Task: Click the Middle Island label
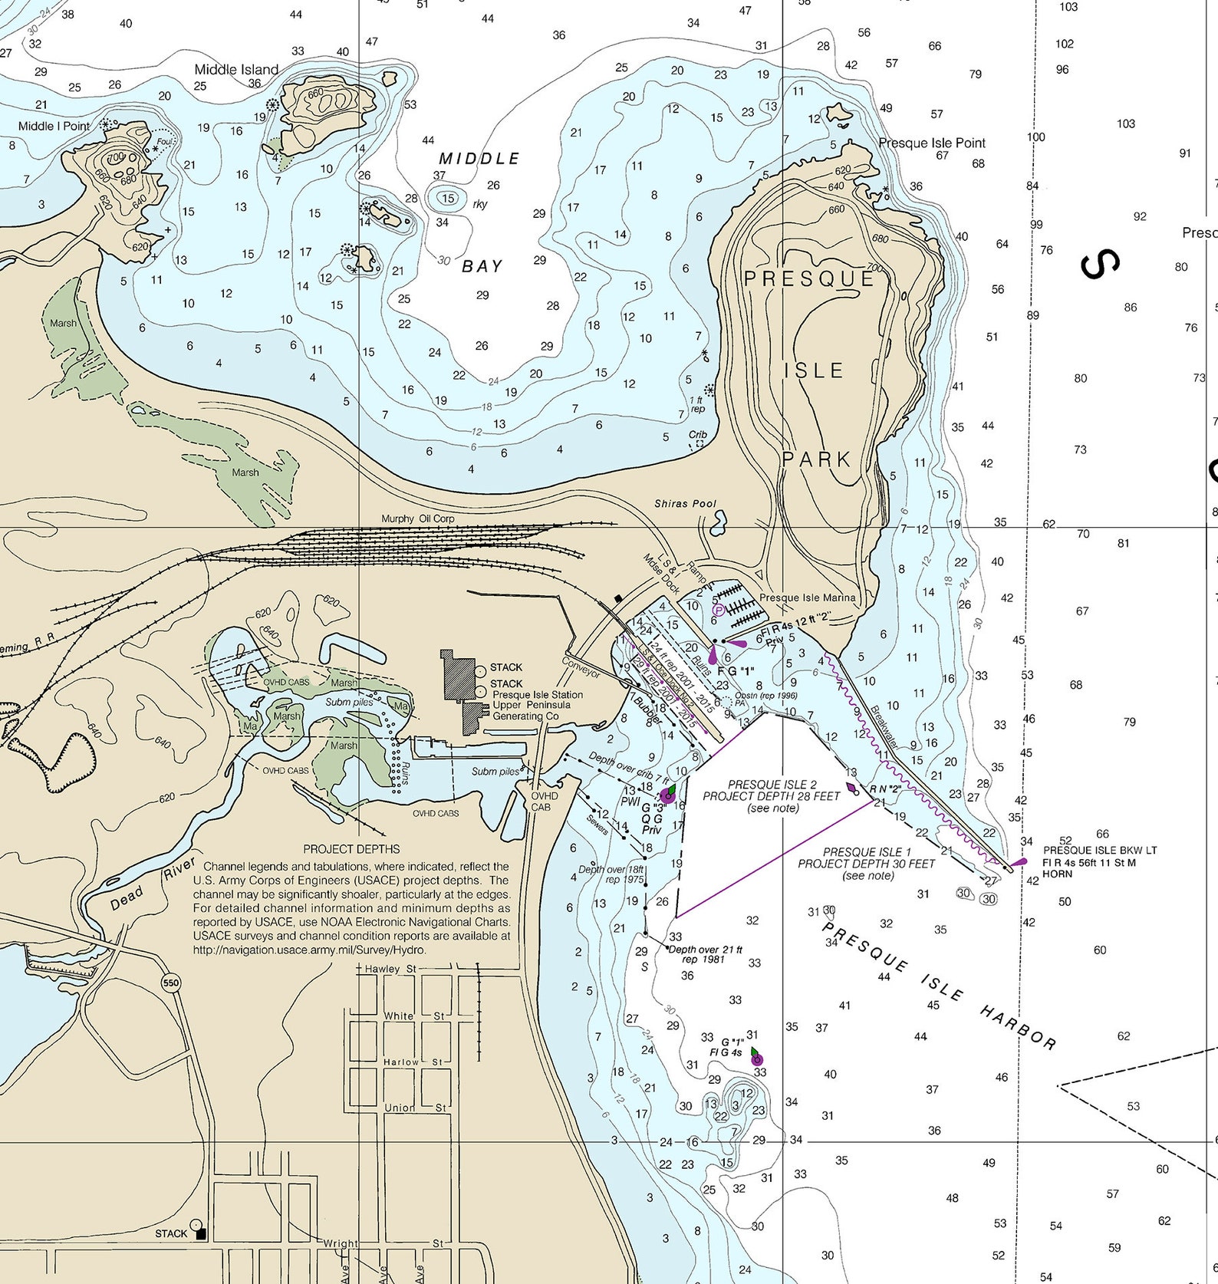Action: [236, 69]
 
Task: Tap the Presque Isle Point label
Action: [932, 143]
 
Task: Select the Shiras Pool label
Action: [685, 504]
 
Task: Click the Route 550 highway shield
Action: [170, 983]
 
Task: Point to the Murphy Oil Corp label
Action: [418, 519]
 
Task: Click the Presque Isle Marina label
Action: [807, 598]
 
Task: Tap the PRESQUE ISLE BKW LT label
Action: [1099, 850]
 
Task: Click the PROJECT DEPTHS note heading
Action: [351, 849]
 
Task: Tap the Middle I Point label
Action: [54, 126]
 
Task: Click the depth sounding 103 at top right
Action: [1068, 7]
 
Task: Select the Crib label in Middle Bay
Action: [697, 435]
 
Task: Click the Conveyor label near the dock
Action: [581, 667]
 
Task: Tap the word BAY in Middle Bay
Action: [482, 266]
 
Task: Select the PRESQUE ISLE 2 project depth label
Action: [772, 785]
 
